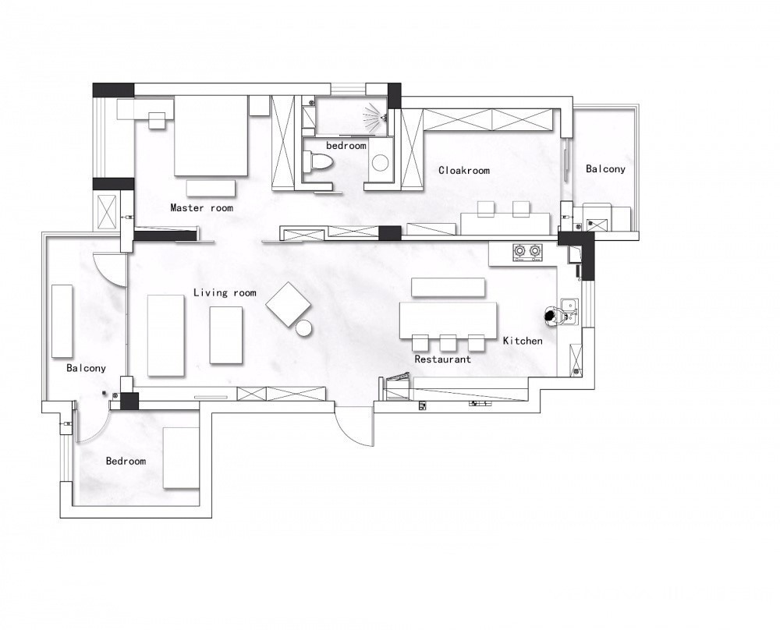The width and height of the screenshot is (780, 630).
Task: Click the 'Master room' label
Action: click(x=201, y=208)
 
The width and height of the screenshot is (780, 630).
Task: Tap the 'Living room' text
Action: click(x=225, y=293)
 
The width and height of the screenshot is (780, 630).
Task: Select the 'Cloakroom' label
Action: click(x=464, y=171)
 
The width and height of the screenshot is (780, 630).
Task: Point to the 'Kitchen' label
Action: click(x=523, y=341)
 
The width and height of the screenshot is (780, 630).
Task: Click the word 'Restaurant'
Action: click(x=443, y=359)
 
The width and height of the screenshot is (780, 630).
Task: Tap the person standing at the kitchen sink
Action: click(x=551, y=317)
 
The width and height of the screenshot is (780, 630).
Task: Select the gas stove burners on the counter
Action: click(x=527, y=252)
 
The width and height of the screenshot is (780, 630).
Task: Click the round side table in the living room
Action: click(x=303, y=328)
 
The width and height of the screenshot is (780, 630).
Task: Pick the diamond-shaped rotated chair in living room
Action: click(x=289, y=304)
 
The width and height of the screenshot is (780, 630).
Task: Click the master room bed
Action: click(x=211, y=135)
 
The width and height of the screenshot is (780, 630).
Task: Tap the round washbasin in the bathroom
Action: click(x=381, y=162)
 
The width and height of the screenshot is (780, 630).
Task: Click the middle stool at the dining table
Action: click(x=448, y=343)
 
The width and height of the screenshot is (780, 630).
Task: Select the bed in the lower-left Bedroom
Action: click(x=182, y=458)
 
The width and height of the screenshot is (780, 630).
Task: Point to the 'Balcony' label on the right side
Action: click(x=605, y=169)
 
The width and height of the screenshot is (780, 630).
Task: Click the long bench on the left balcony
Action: click(x=62, y=321)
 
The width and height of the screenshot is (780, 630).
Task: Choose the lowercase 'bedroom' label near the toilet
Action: click(x=346, y=146)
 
